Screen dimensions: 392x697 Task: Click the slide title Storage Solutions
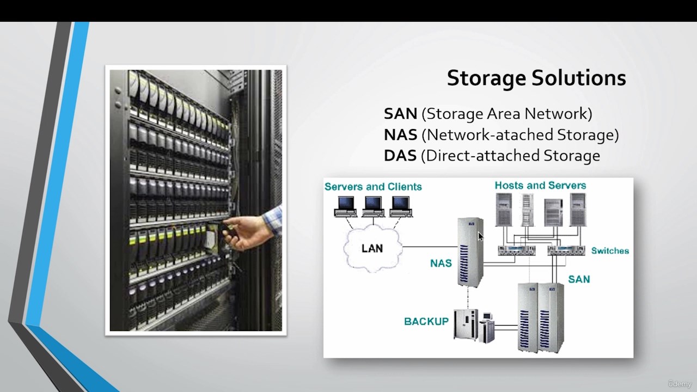pos(536,78)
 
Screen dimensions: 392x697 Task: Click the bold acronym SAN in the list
pos(400,114)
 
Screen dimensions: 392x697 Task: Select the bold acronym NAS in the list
pos(400,134)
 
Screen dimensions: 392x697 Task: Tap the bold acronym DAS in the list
pos(400,155)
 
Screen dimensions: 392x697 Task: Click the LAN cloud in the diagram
pos(372,248)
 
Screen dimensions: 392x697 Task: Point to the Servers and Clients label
pos(373,187)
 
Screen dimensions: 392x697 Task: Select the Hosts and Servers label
pos(540,186)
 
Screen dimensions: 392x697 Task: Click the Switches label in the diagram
pos(610,251)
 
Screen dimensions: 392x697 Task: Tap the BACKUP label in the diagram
pos(426,321)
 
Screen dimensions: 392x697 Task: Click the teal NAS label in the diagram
pos(441,264)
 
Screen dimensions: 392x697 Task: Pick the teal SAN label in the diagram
pos(579,279)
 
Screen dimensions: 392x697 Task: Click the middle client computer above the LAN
pos(374,206)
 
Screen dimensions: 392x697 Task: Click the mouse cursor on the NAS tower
pos(480,236)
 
